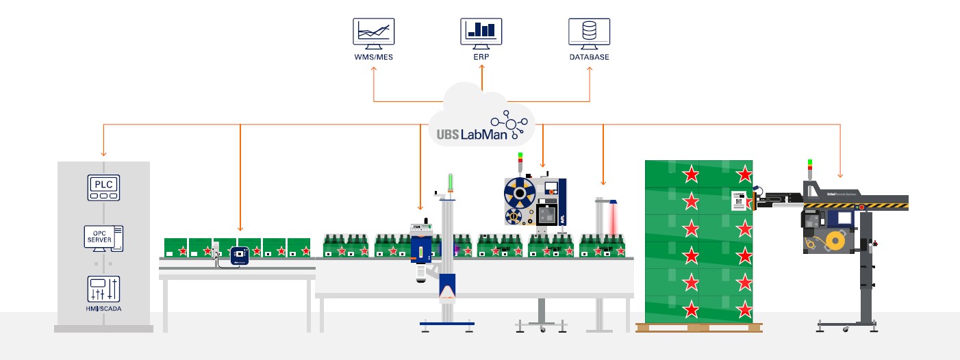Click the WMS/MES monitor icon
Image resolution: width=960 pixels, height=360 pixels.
(374, 32)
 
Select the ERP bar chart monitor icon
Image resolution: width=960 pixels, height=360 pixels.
(481, 32)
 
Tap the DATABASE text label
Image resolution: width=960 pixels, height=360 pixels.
(589, 57)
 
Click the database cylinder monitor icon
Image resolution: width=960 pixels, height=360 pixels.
(589, 32)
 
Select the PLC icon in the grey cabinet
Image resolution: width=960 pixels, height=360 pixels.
(103, 187)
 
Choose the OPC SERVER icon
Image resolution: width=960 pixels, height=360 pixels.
(103, 239)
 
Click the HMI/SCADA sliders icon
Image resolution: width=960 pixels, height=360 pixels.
(103, 289)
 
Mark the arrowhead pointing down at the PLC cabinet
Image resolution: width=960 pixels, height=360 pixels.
(103, 153)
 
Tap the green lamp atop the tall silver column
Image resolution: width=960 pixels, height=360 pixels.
(450, 181)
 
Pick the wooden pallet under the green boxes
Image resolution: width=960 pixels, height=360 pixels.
(698, 328)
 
